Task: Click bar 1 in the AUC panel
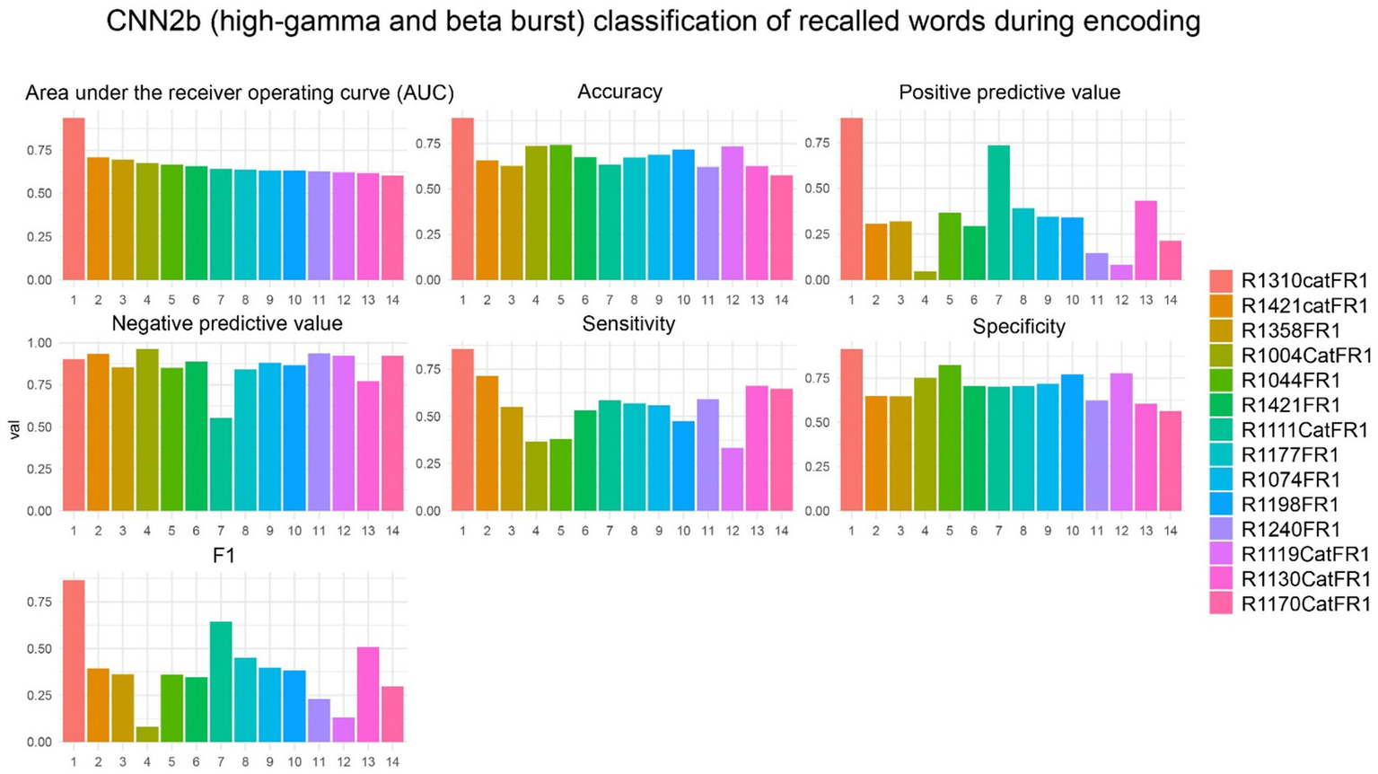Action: tap(74, 198)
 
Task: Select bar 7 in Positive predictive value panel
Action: tap(999, 213)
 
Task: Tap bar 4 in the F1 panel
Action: tap(147, 734)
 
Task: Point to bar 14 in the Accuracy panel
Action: tap(781, 228)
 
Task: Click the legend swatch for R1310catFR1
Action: tap(1221, 280)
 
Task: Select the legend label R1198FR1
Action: tap(1290, 504)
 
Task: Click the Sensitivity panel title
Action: tap(628, 324)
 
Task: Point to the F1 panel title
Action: tap(224, 556)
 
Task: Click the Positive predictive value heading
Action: tap(1009, 92)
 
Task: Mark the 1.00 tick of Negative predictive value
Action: tap(39, 343)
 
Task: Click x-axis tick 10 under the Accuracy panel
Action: tap(683, 300)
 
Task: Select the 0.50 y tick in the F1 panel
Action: tap(39, 648)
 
